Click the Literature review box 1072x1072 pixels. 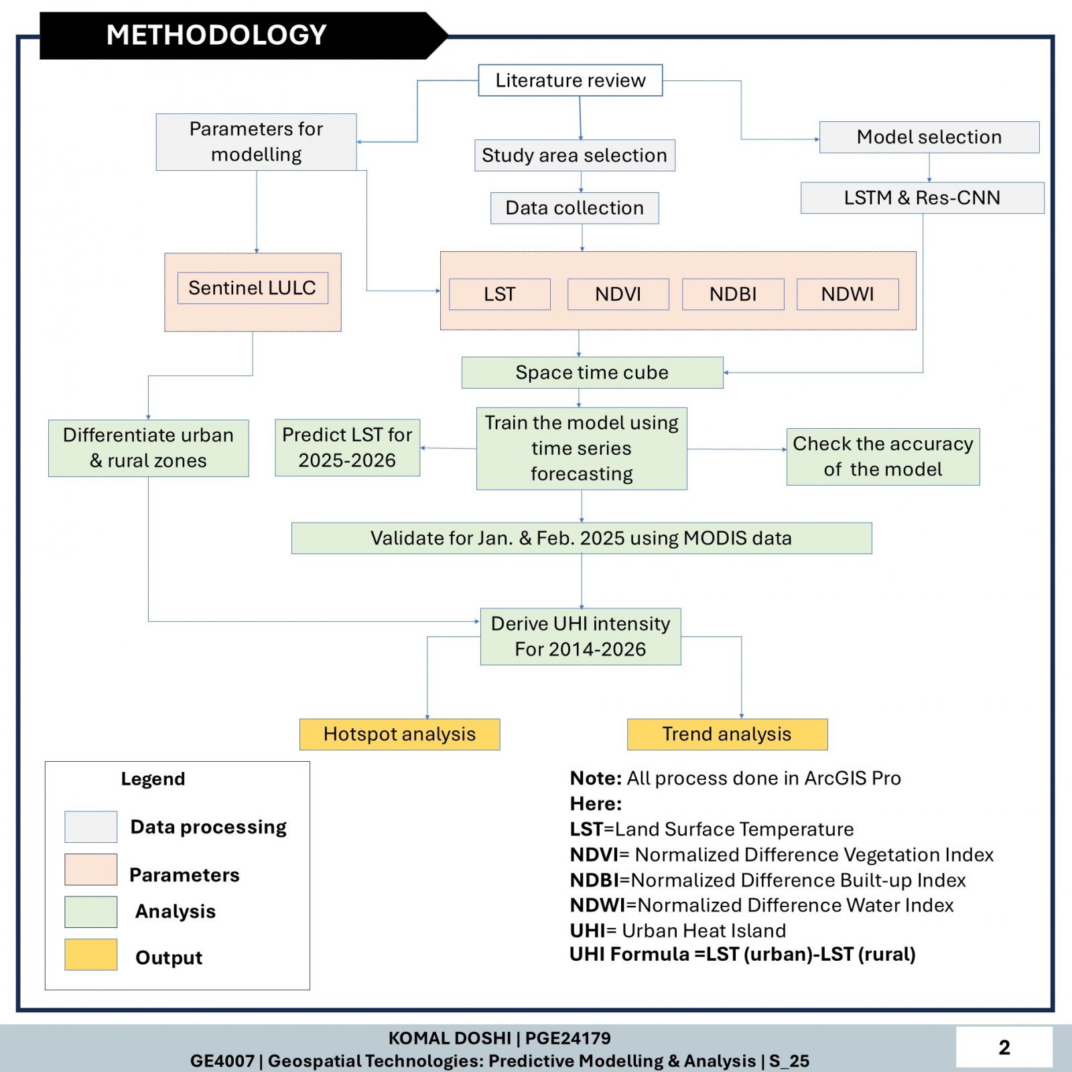coord(570,80)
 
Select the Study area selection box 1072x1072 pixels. coord(575,155)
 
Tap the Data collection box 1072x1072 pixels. coord(575,208)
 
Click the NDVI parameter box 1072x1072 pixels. coord(618,294)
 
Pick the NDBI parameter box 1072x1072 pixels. coord(733,294)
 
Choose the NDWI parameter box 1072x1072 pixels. coord(848,294)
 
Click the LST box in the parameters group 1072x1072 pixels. coord(500,294)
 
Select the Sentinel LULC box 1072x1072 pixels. coord(253,288)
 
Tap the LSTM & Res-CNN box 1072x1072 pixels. coord(923,198)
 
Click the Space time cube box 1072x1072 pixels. coord(592,373)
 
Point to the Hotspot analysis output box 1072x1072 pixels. coord(400,734)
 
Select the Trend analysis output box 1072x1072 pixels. coord(728,734)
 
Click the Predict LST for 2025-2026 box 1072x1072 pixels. coord(348,448)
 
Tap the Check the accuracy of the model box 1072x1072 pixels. coord(883,457)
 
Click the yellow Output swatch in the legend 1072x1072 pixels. coord(91,955)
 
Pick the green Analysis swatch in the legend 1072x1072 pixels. coord(91,912)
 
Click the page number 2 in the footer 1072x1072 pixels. coord(1004,1047)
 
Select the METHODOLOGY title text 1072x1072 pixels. coord(216,35)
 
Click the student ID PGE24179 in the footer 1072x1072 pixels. coord(568,1038)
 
